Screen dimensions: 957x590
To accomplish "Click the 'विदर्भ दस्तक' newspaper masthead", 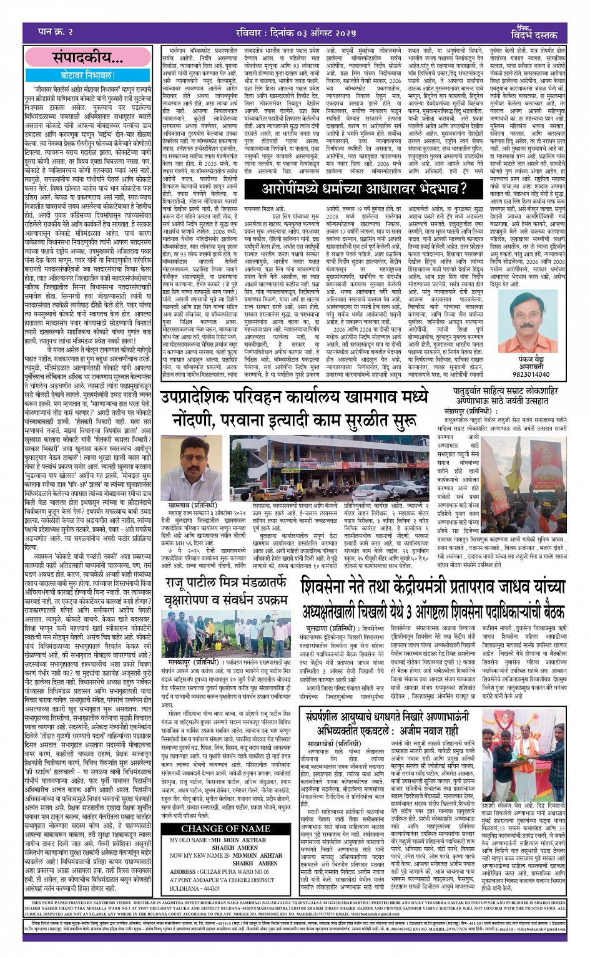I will click(533, 34).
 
